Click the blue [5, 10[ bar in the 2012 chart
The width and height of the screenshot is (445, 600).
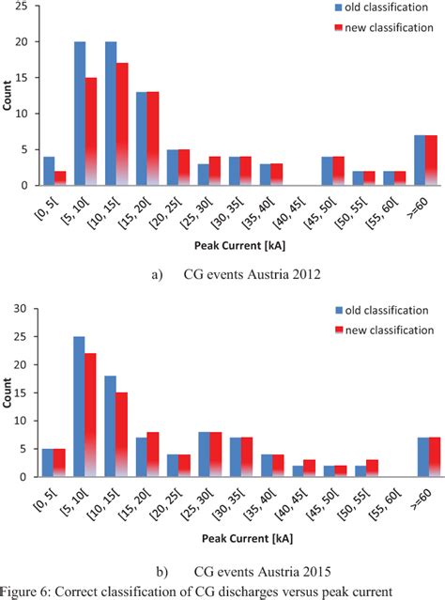click(81, 113)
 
